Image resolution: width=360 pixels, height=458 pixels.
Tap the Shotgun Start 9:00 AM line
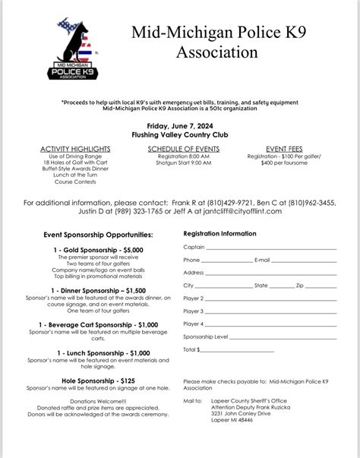[178, 163]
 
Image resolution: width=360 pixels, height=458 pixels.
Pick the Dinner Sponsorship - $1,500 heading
[88, 290]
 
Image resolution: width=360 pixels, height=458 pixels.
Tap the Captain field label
[194, 247]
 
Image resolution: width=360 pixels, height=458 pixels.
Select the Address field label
[194, 273]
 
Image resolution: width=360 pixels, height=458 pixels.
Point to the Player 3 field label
[194, 311]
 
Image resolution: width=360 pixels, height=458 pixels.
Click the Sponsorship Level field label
[205, 336]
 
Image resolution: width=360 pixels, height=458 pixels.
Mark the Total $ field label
[192, 349]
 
